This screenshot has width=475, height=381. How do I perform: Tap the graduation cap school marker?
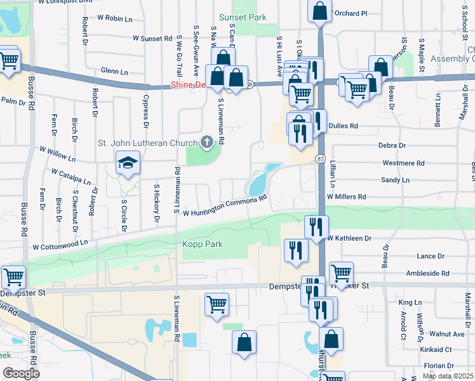coord(127,163)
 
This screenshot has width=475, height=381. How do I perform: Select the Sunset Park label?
coord(243,17)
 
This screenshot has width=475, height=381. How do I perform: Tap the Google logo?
coord(20,373)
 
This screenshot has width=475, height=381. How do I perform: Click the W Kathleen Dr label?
coord(349,238)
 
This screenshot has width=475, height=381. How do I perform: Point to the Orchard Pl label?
coord(351,13)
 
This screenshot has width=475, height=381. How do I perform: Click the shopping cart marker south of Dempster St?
coord(217,304)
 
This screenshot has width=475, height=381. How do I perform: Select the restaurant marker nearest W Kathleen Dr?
coord(316,227)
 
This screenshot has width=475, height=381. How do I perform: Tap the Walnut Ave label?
coord(446,333)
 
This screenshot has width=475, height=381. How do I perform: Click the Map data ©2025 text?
coord(448,377)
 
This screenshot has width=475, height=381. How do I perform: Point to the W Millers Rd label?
coord(347,197)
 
